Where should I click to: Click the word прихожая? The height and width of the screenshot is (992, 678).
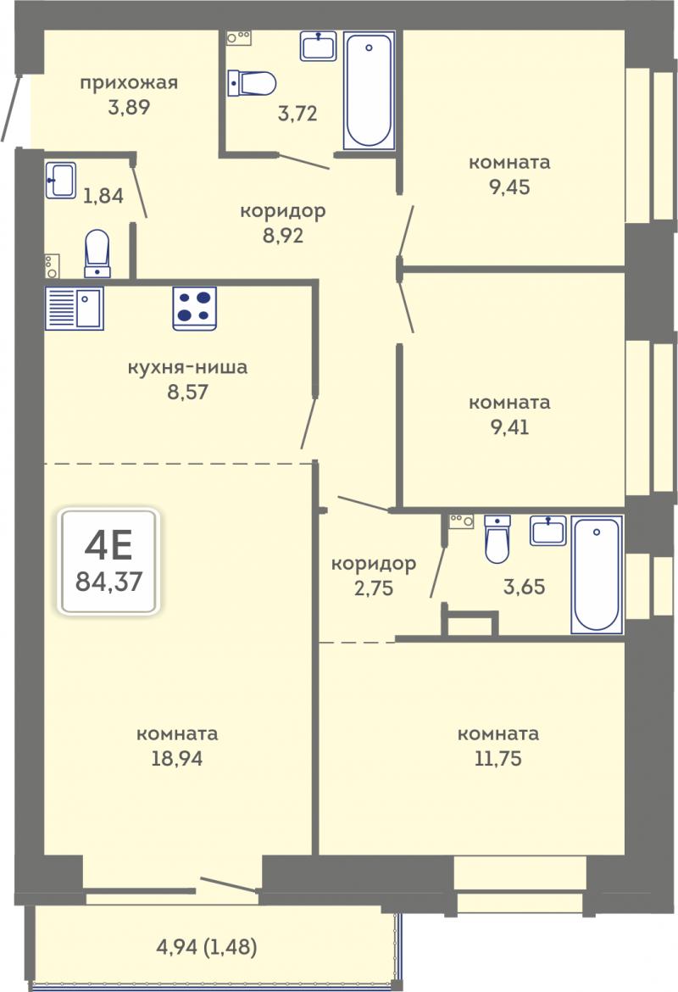tap(128, 83)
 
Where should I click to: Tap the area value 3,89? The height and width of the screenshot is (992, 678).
tap(129, 107)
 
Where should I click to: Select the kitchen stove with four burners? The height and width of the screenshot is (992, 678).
tap(195, 308)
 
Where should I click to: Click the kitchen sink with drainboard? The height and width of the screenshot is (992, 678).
tap(74, 308)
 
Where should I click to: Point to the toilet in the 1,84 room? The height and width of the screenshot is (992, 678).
tap(97, 253)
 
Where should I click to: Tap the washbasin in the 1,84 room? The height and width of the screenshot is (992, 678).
tap(61, 181)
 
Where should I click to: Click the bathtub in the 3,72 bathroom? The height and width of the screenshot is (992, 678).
tap(370, 90)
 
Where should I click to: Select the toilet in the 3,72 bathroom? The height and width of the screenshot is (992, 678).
tap(252, 83)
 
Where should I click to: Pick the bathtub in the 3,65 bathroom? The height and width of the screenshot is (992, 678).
tap(597, 575)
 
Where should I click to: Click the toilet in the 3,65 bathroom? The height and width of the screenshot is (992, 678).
tap(497, 539)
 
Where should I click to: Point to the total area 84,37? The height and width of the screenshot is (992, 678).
tap(108, 581)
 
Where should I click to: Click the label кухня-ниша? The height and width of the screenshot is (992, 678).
tap(187, 368)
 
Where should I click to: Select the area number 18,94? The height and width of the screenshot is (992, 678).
tap(177, 758)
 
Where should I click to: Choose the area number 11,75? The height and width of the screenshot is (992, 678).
tap(498, 758)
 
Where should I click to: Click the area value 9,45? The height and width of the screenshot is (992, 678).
tap(509, 187)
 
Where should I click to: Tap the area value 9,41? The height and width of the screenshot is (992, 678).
tap(509, 427)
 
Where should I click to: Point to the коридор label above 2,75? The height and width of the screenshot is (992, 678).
tap(374, 564)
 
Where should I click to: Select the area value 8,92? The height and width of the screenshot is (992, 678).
tap(283, 236)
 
